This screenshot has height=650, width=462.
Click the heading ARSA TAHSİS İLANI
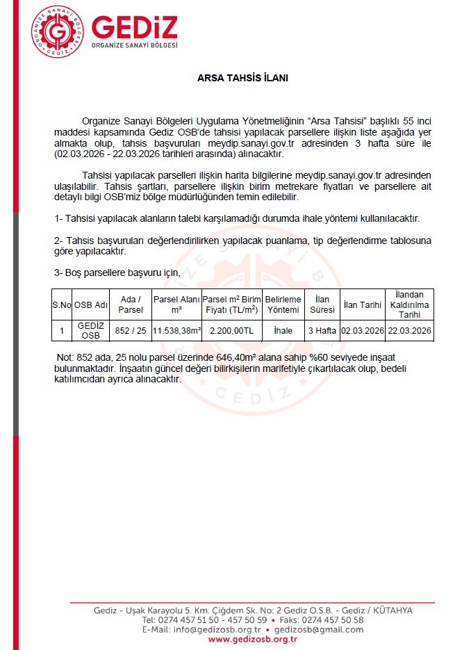(242, 79)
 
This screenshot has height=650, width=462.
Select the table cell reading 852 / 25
(131, 331)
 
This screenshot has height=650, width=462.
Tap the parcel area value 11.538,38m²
(176, 331)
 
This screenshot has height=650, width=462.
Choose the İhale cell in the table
(283, 331)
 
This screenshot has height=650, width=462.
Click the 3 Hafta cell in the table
(322, 331)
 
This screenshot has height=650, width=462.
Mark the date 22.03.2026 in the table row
(410, 331)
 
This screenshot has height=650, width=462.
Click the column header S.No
(61, 304)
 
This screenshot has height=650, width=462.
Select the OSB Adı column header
(91, 304)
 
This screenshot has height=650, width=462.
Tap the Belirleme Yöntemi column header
(283, 304)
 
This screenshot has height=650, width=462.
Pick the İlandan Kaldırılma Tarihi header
(410, 304)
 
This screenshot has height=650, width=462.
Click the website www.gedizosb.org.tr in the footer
(253, 639)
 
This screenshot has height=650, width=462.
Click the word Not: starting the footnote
(64, 357)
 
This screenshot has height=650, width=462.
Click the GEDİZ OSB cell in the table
(91, 331)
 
